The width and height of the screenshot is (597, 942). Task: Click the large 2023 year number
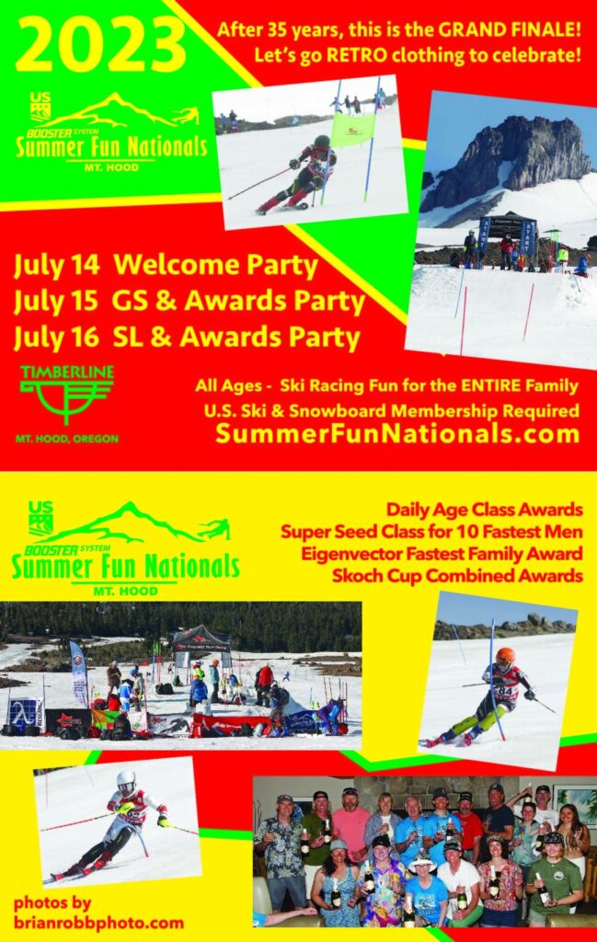(x=101, y=46)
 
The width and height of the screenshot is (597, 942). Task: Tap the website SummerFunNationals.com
(x=397, y=433)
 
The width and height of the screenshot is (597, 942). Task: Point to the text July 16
(x=56, y=337)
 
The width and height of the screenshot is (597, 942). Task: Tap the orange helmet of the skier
(x=505, y=657)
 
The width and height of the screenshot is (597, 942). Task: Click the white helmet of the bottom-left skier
(x=126, y=782)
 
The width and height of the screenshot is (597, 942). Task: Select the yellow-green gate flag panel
(x=352, y=130)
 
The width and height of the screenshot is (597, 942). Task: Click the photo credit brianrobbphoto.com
(x=99, y=923)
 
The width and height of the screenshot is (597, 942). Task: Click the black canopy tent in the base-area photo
(x=201, y=638)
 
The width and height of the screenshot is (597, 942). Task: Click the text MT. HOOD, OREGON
(x=66, y=439)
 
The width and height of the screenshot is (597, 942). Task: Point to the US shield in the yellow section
(x=40, y=518)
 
